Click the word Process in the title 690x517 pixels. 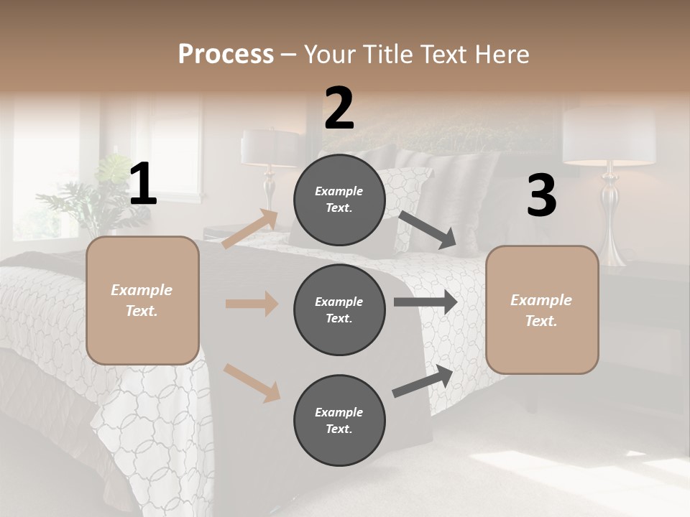coord(226,54)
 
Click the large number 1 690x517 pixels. coord(143,185)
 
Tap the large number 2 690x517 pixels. coord(339,108)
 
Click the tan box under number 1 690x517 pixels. coord(142,300)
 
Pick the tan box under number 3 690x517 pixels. coord(542,309)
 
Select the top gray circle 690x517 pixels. coord(339,199)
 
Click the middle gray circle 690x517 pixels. coord(339,309)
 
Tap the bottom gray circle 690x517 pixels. coord(339,420)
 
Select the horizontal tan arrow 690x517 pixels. coord(252,304)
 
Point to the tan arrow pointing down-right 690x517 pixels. coord(252,382)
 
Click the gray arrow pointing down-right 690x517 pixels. coord(428,230)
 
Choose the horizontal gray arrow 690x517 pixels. coord(425,302)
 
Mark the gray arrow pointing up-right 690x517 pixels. coord(423,381)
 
